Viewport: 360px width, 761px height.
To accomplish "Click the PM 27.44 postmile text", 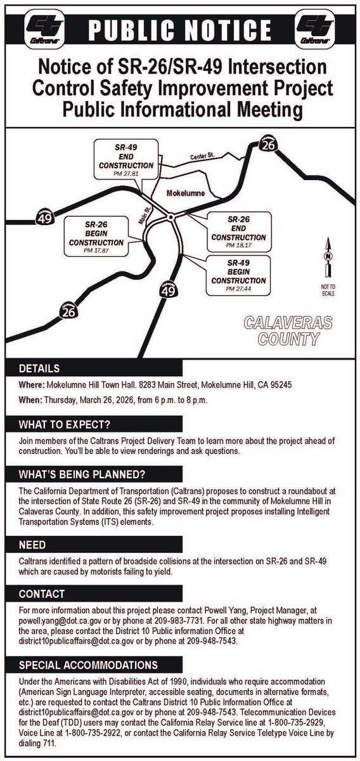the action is coord(238,288).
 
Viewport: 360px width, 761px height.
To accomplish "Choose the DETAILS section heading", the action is coord(39,368).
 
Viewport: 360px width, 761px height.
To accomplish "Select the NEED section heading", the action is coord(32,545).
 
